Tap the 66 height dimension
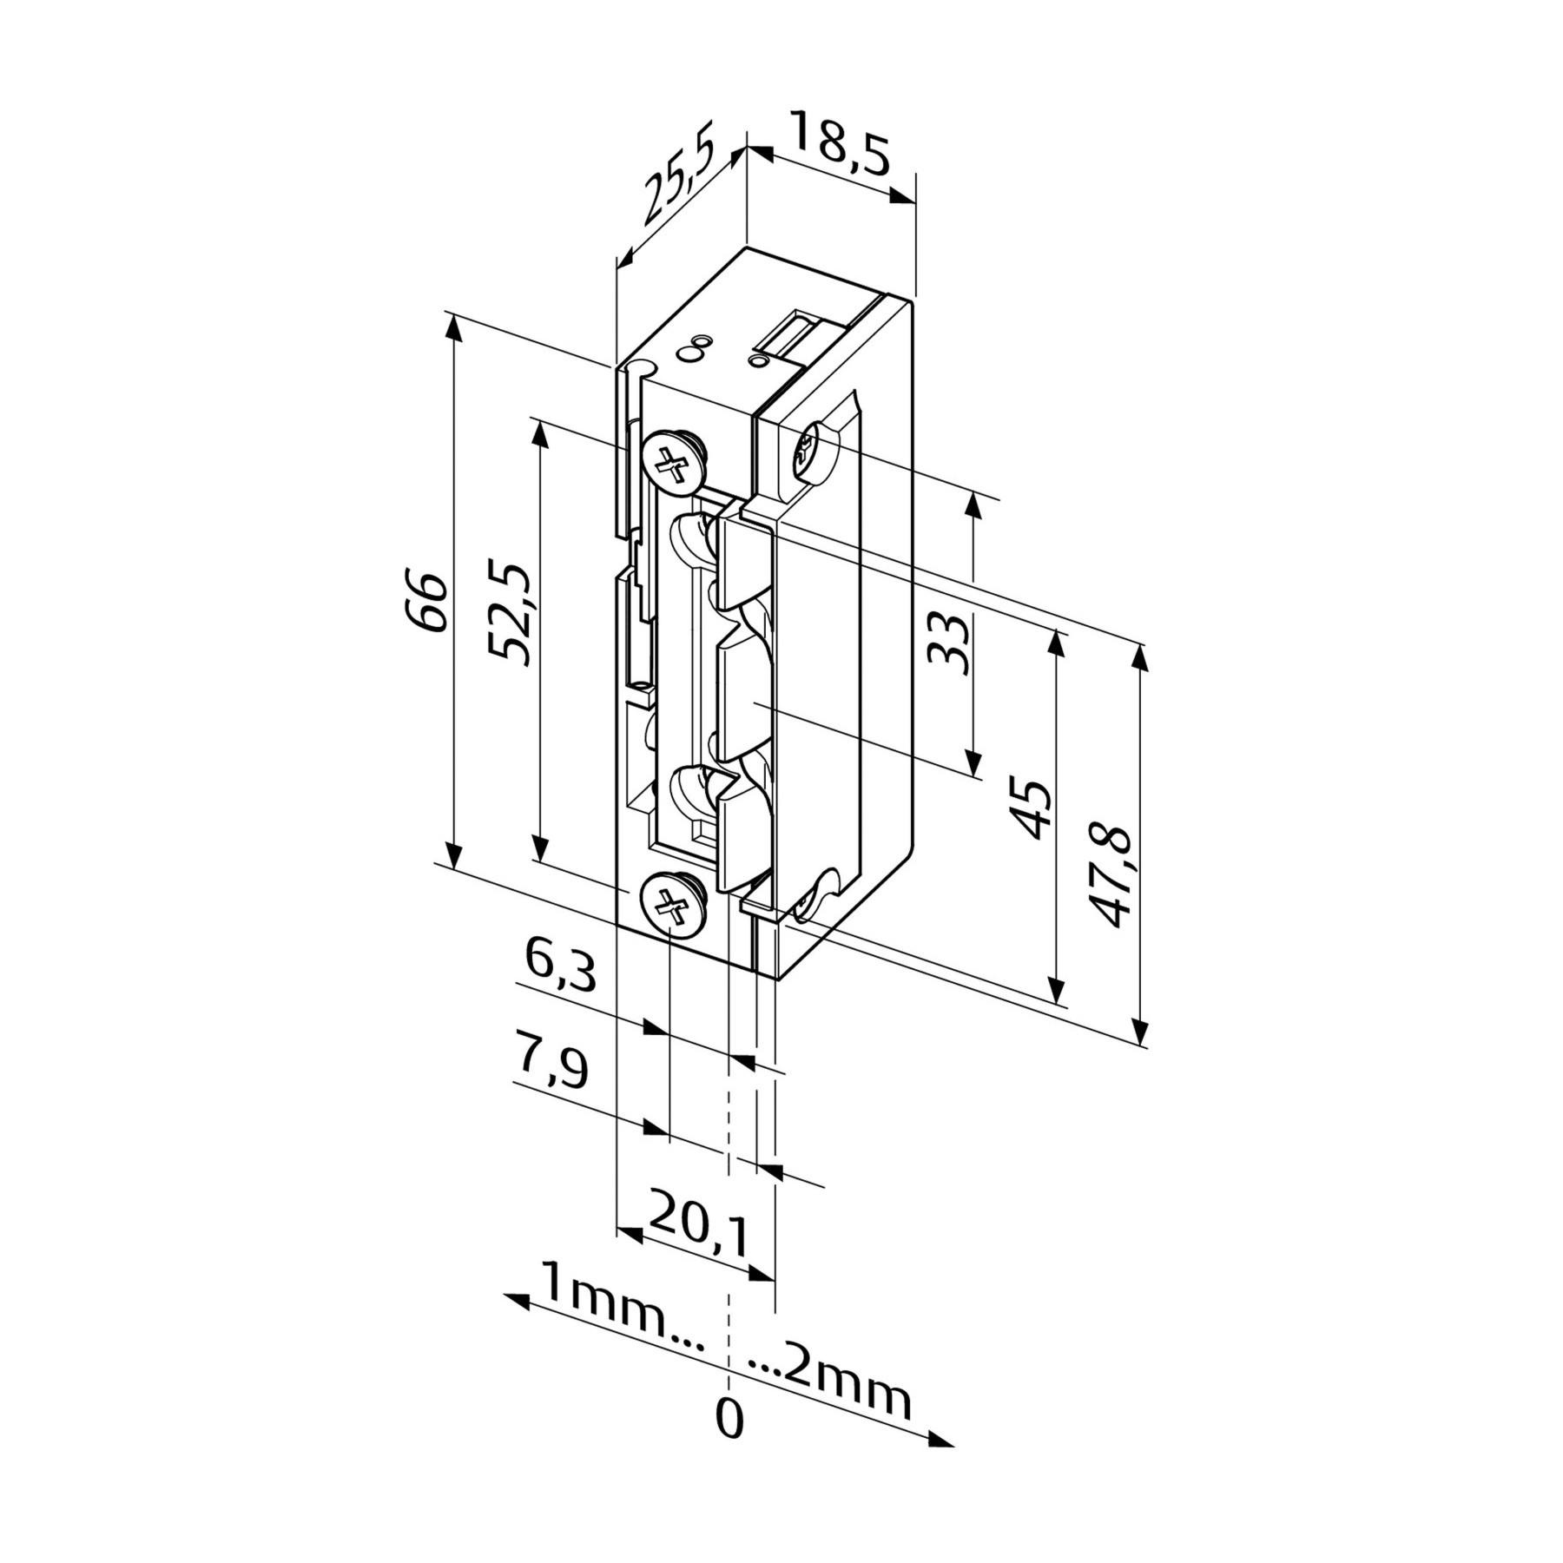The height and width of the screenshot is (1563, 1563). tap(426, 602)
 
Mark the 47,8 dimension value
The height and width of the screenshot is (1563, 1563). tap(1111, 876)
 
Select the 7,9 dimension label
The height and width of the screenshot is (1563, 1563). tap(553, 1070)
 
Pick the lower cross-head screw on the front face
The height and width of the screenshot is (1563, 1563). tap(673, 905)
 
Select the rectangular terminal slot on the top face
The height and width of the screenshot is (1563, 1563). tap(795, 336)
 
